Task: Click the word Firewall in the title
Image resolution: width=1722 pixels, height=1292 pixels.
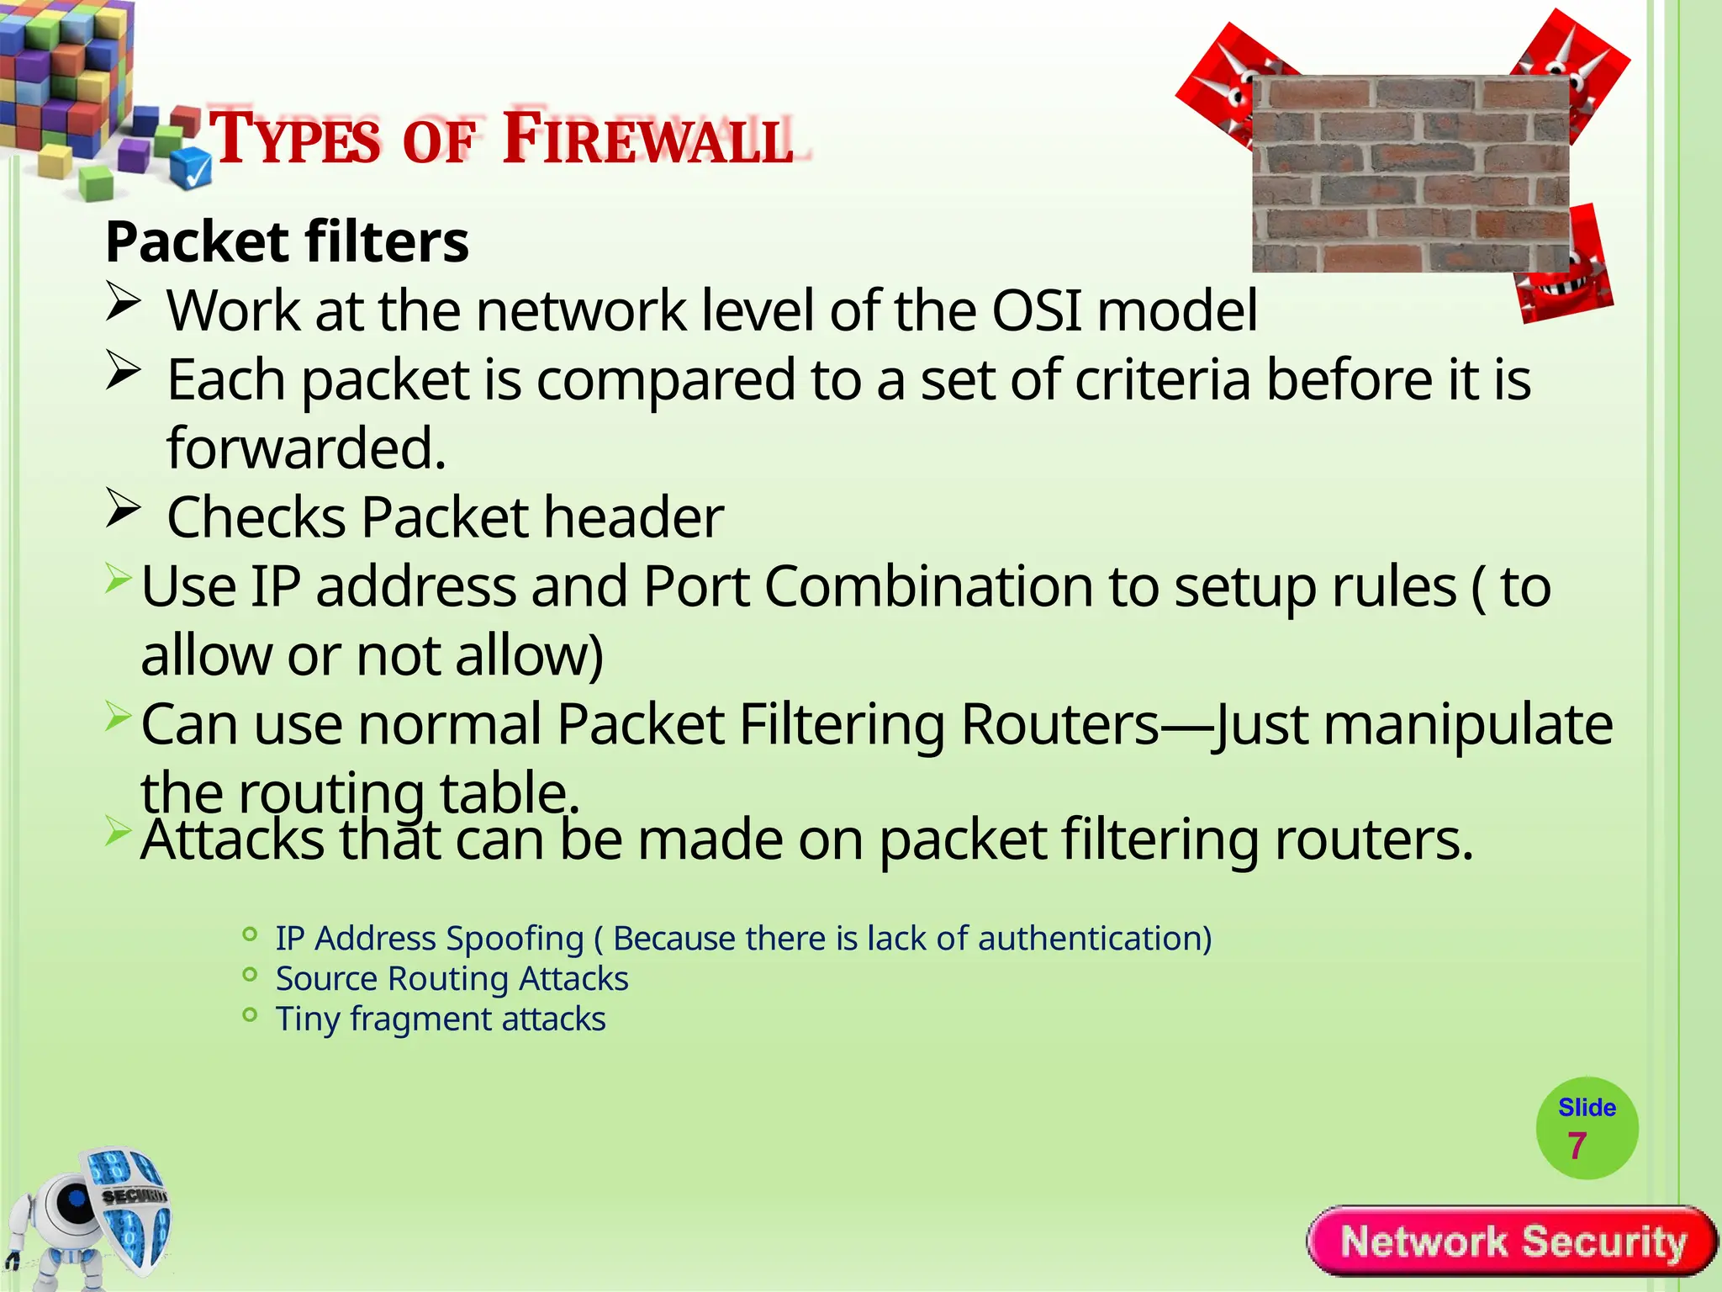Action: click(x=647, y=139)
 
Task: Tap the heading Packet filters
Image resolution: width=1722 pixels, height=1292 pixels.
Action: click(x=287, y=242)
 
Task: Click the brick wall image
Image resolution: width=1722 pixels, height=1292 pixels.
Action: click(x=1410, y=174)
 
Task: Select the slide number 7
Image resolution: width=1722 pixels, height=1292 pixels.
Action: click(x=1577, y=1146)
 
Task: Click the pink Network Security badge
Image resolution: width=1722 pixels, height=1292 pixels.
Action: click(x=1512, y=1242)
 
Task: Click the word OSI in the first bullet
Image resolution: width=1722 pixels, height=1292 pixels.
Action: click(x=1037, y=311)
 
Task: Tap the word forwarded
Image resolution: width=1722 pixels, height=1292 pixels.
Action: click(x=306, y=448)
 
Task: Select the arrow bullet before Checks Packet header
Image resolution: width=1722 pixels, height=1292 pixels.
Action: click(x=123, y=508)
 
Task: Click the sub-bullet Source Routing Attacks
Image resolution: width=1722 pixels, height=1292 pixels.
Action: click(x=452, y=979)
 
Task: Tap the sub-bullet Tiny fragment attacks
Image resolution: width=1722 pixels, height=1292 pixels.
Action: click(x=440, y=1019)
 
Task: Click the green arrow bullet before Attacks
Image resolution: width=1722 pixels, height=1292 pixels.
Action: click(x=118, y=833)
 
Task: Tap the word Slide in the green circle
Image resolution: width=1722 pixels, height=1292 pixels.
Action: click(x=1587, y=1108)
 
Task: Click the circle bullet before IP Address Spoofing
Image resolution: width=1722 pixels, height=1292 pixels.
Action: click(x=249, y=935)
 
